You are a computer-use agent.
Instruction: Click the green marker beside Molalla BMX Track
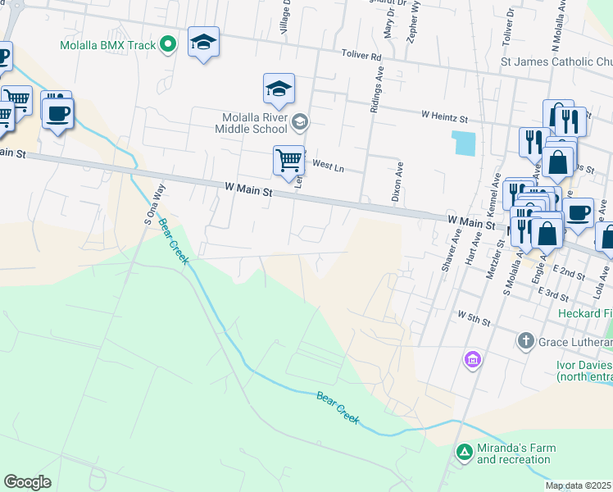(x=168, y=44)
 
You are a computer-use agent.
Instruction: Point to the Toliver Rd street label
(x=361, y=57)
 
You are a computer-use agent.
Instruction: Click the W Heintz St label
(x=444, y=116)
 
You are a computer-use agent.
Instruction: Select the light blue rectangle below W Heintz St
(x=463, y=143)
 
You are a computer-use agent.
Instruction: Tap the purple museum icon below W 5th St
(x=472, y=359)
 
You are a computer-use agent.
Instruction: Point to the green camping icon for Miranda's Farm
(x=464, y=451)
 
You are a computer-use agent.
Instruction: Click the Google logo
(x=27, y=482)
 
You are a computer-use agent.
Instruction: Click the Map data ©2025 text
(x=579, y=486)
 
